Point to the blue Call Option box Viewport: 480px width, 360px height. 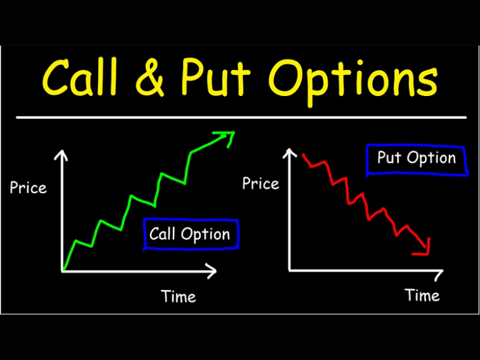point(191,234)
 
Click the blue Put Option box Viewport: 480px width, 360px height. point(416,159)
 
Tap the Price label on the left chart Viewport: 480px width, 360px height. point(28,188)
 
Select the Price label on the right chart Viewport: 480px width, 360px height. point(260,183)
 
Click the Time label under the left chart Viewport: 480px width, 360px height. point(178,296)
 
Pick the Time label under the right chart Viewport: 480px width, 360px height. point(422,295)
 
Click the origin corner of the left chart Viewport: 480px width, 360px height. point(62,271)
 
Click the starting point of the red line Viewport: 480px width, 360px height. point(303,155)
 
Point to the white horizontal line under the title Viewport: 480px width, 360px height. point(240,117)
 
